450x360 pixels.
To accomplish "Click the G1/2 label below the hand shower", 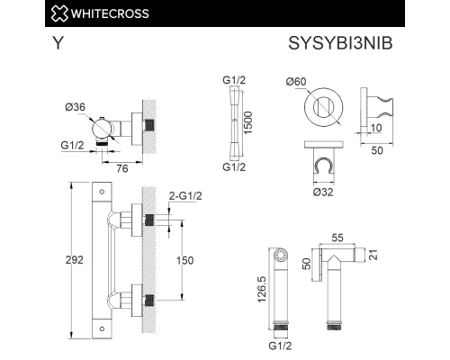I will tap(275, 342).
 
